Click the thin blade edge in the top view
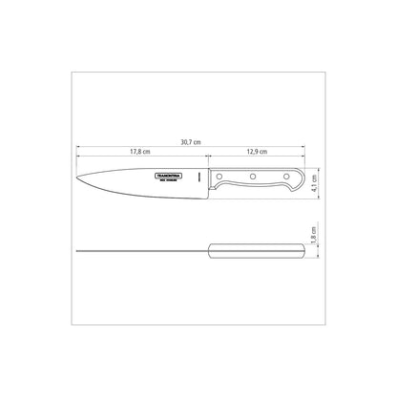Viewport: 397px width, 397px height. pyautogui.click(x=143, y=251)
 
